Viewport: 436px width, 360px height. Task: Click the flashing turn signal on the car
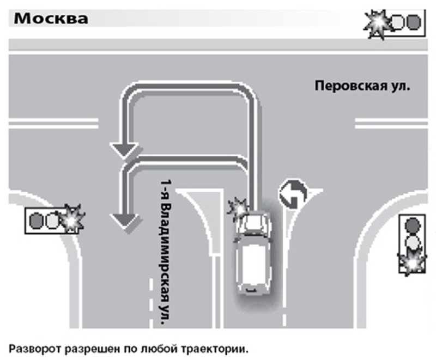238,208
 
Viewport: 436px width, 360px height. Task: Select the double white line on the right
389,124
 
